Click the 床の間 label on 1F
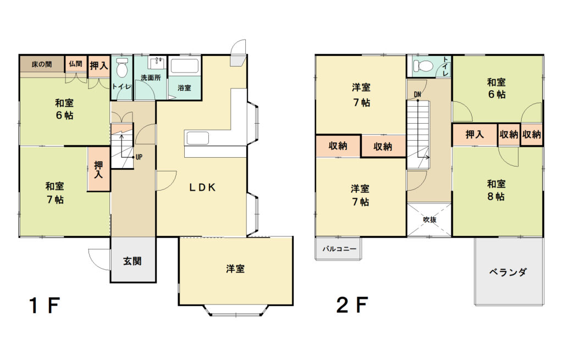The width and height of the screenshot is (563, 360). click(42, 64)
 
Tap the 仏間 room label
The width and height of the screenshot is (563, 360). click(76, 64)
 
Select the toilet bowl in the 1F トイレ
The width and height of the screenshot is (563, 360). click(122, 67)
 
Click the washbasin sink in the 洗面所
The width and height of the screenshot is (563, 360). click(157, 63)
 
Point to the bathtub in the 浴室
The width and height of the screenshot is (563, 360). click(185, 66)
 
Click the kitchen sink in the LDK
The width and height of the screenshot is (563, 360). click(197, 138)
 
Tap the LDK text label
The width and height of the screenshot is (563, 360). click(203, 187)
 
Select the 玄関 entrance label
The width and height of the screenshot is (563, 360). click(133, 261)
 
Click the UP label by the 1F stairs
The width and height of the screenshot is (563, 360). click(139, 157)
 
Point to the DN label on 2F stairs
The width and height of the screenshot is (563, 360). click(417, 95)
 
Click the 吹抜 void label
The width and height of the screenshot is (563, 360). click(429, 219)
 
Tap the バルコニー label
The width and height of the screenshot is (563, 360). click(339, 248)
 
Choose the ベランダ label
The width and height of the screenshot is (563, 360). click(507, 272)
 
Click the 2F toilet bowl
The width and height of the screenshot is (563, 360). click(422, 66)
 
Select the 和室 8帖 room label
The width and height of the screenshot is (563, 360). click(496, 190)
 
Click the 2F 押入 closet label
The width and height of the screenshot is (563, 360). click(474, 135)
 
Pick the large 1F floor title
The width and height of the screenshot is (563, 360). click(44, 306)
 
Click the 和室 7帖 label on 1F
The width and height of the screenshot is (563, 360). click(55, 193)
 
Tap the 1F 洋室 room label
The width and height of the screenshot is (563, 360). click(235, 268)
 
